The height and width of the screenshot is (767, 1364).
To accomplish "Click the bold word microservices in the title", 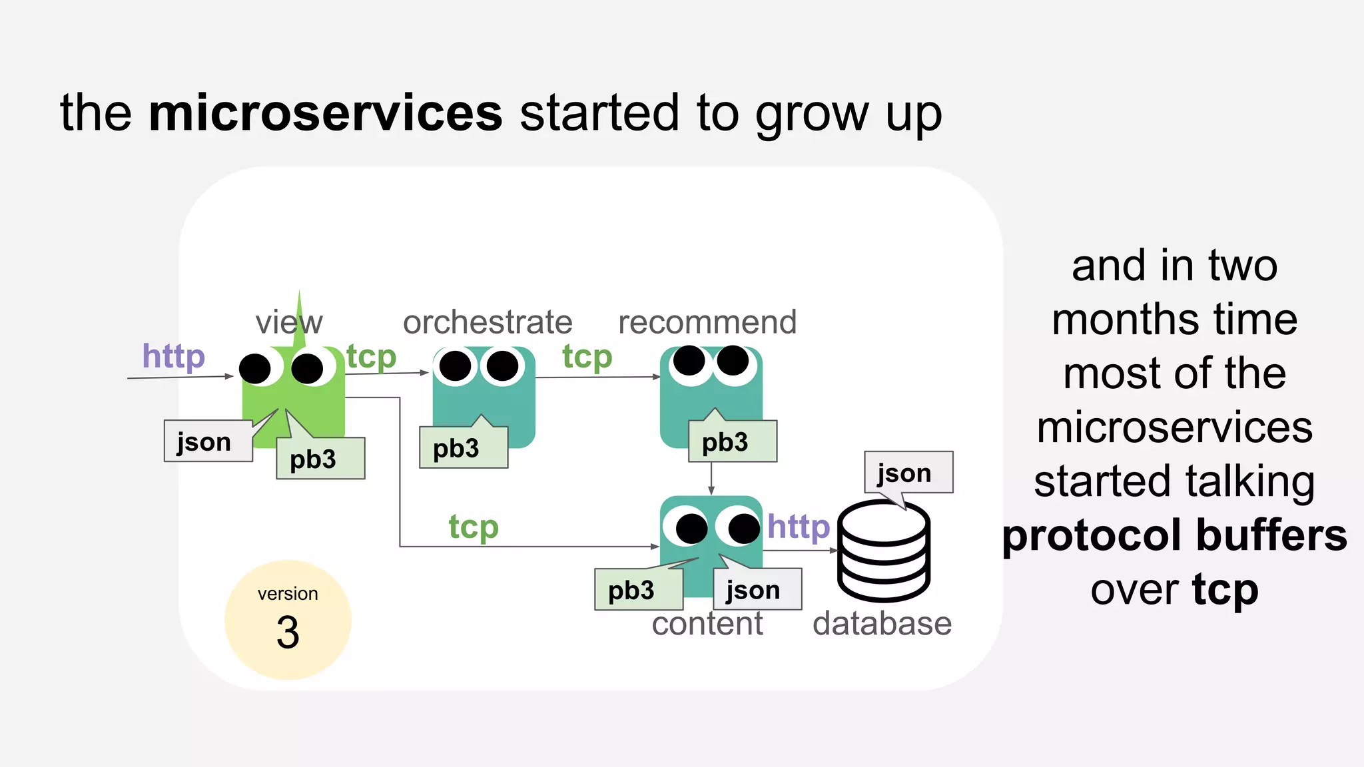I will click(x=325, y=113).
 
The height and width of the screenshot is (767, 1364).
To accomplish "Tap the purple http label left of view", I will click(x=173, y=356).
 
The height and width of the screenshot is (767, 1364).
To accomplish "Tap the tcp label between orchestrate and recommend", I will click(x=587, y=357).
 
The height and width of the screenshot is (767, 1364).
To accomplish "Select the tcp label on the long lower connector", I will click(x=473, y=527).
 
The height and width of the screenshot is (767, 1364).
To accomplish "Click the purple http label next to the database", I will click(x=798, y=527).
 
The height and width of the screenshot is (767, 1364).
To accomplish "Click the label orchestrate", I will click(x=488, y=322).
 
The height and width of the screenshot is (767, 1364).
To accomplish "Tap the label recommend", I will click(x=707, y=322).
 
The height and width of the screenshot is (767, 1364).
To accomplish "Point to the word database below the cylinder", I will click(x=882, y=624).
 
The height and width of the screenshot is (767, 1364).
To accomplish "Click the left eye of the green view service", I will click(x=255, y=368).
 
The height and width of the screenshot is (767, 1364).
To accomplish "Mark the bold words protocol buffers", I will click(x=1174, y=535).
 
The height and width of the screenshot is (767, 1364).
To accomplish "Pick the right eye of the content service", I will click(x=743, y=529).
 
